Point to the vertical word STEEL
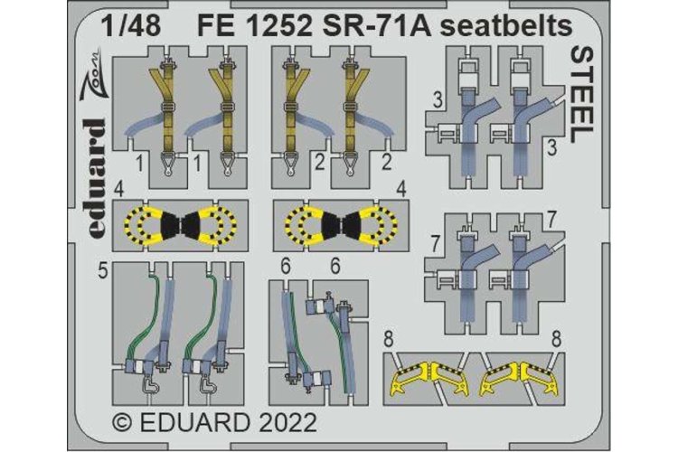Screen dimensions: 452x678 (581, 93)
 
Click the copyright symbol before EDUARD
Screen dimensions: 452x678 (121, 422)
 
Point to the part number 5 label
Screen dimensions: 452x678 (103, 268)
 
